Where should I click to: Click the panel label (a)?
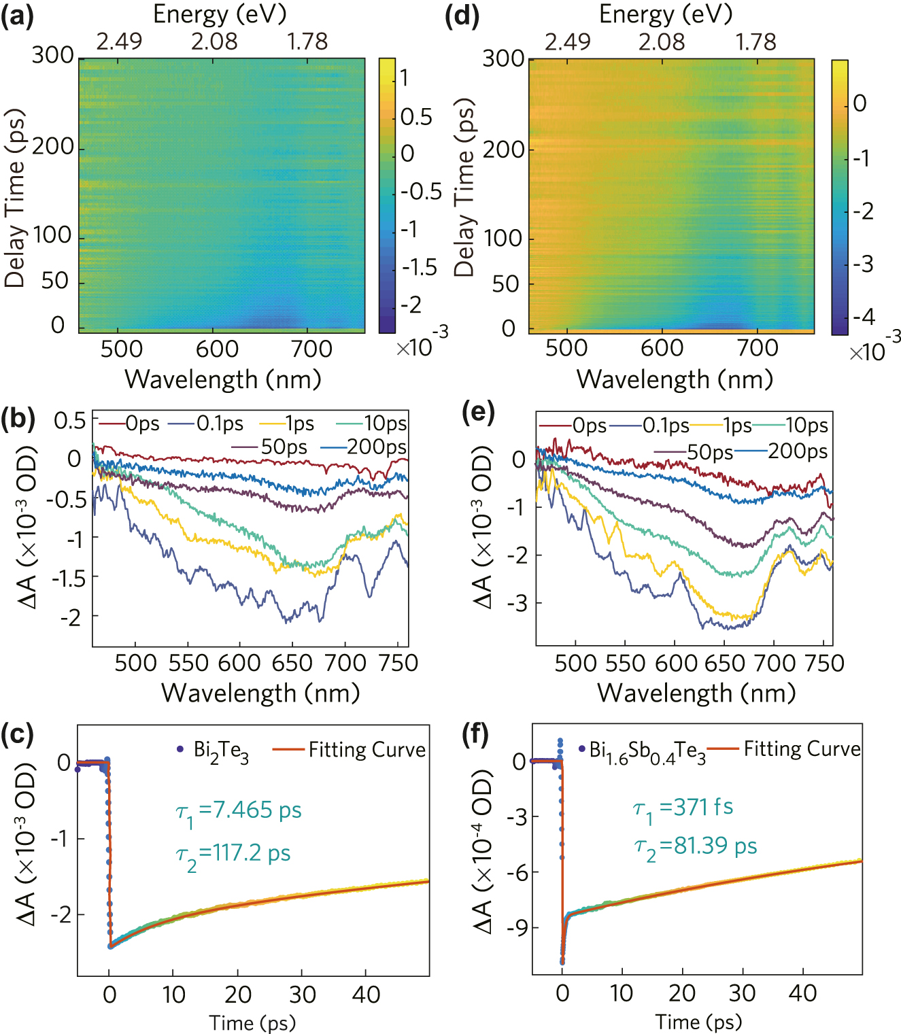pyautogui.click(x=18, y=15)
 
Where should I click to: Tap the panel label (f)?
pyautogui.click(x=475, y=734)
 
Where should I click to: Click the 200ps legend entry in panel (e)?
pyautogui.click(x=797, y=451)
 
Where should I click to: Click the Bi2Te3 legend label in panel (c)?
pyautogui.click(x=221, y=751)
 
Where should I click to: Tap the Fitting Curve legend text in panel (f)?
pyautogui.click(x=802, y=749)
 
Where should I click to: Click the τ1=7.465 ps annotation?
pyautogui.click(x=239, y=811)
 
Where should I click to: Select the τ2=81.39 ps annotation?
pyautogui.click(x=695, y=847)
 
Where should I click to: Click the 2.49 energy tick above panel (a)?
pyautogui.click(x=119, y=42)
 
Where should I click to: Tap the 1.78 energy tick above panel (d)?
pyautogui.click(x=755, y=42)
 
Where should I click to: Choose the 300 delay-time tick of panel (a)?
pyautogui.click(x=52, y=56)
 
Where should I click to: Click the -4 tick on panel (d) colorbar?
pyautogui.click(x=864, y=317)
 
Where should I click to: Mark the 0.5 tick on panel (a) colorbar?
pyautogui.click(x=415, y=117)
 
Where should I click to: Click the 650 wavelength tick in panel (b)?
pyautogui.click(x=292, y=663)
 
